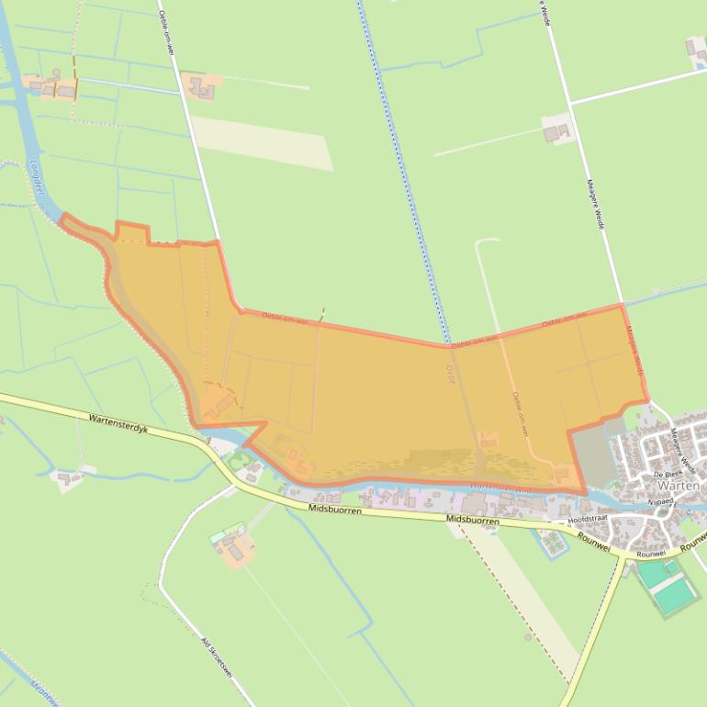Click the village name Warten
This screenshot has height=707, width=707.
coord(679,485)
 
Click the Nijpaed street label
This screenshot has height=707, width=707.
coord(660,502)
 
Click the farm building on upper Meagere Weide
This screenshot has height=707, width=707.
coord(555,131)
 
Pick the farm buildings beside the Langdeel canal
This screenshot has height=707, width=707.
coord(54,88)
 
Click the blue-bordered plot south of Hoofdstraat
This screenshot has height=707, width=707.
coord(554,543)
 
